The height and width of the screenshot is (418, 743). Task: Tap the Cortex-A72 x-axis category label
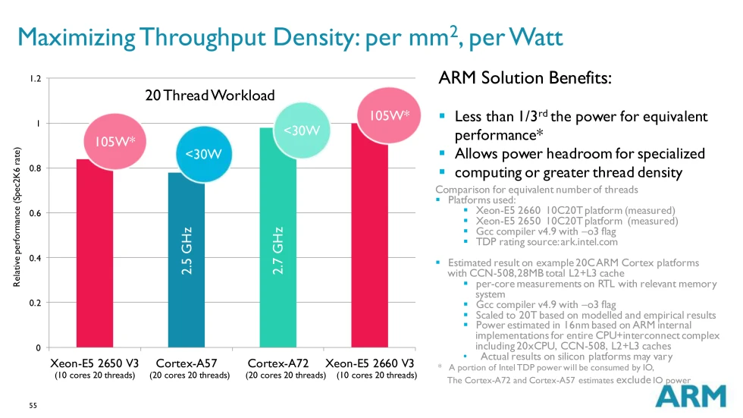pos(277,363)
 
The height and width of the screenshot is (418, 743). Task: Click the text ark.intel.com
pos(588,243)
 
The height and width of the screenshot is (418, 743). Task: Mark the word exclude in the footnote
pos(634,380)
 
